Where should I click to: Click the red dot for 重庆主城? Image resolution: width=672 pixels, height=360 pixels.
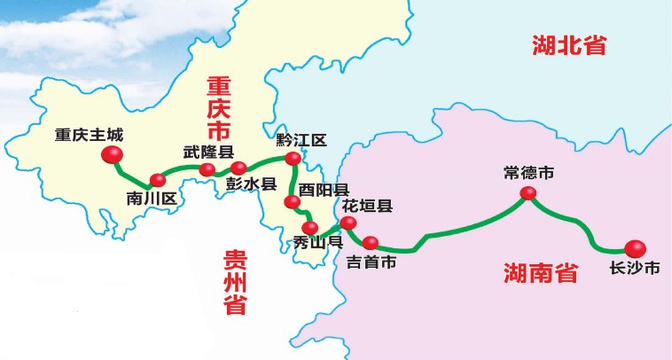113,155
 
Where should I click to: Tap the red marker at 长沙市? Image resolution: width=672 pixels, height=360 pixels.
635,249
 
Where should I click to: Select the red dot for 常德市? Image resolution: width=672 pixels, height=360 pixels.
528,193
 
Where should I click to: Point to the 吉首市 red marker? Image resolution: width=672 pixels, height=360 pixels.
371,242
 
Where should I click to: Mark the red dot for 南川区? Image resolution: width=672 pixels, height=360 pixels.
157,180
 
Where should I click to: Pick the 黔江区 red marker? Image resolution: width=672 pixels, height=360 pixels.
293,159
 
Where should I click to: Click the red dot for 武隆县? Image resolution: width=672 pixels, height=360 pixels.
207,168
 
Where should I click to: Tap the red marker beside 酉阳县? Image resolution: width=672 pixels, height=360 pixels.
292,202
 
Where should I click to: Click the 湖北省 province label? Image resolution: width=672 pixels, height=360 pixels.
569,45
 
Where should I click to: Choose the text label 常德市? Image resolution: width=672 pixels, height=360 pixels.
528,173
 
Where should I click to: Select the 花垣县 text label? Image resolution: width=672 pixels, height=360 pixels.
367,207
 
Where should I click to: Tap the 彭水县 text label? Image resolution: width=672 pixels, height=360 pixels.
252,185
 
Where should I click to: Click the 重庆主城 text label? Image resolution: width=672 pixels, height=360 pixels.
89,137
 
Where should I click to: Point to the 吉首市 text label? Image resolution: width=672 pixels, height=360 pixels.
371,262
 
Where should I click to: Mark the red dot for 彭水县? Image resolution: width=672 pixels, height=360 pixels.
238,168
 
